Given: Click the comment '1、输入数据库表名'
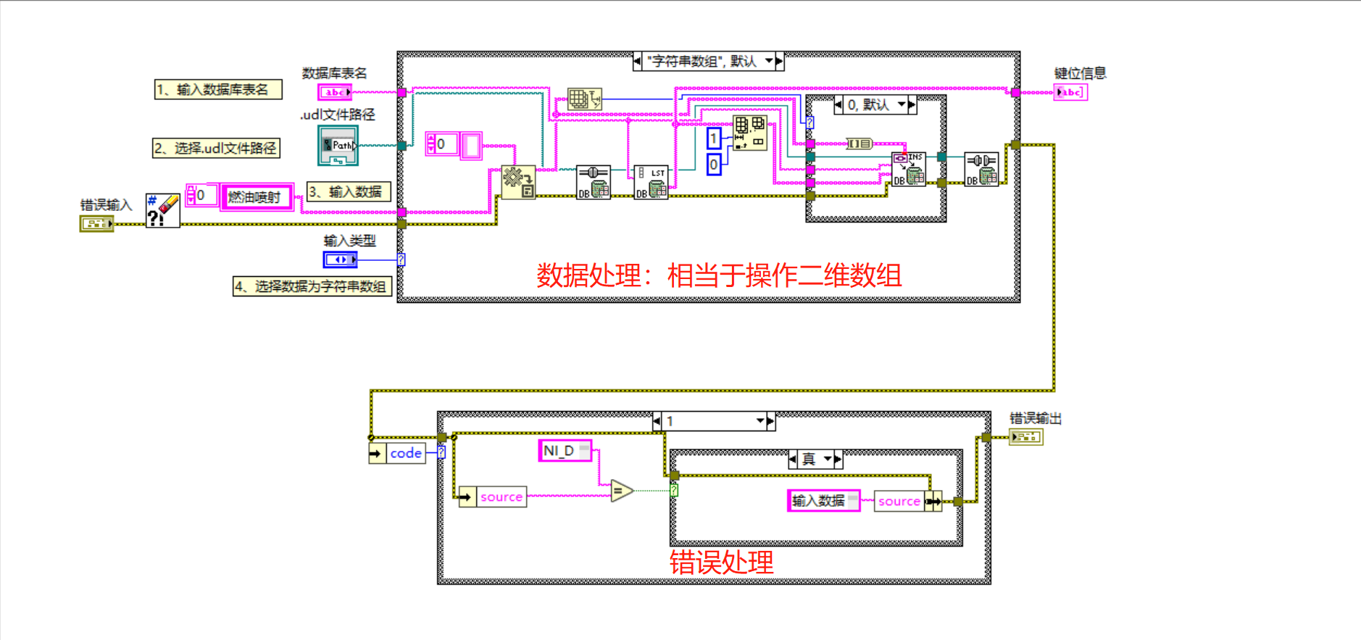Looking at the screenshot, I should click(x=217, y=89).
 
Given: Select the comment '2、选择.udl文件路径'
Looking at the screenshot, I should click(x=216, y=148).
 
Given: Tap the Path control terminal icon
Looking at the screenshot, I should click(x=338, y=145).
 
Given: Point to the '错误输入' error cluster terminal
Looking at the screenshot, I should click(x=96, y=223).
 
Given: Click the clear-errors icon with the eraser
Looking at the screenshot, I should click(x=162, y=210).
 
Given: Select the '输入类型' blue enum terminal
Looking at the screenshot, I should click(x=339, y=259).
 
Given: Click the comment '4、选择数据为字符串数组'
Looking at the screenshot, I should click(x=312, y=286).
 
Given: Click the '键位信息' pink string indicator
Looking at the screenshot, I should click(x=1070, y=92).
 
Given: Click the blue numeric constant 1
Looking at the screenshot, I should click(x=714, y=138).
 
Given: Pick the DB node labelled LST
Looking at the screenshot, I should click(x=651, y=182).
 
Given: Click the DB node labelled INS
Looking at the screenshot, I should click(x=909, y=169).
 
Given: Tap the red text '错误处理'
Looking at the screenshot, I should click(x=721, y=562).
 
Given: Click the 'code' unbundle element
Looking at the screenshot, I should click(x=405, y=453).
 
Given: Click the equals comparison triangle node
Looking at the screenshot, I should click(x=621, y=491).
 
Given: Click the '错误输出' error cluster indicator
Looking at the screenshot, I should click(x=1026, y=437).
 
